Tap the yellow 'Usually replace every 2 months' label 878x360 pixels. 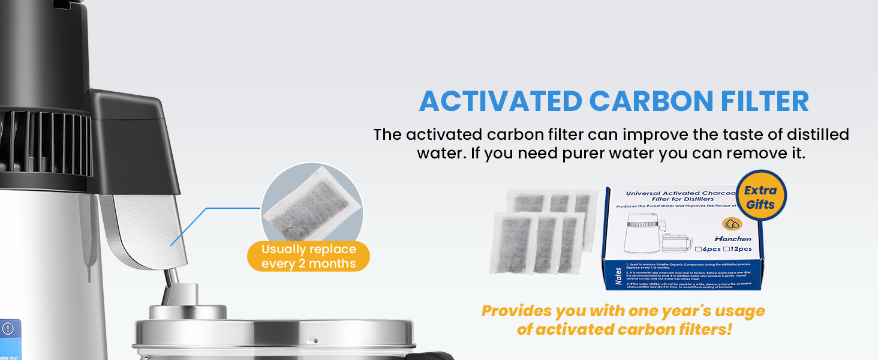(x=308, y=257)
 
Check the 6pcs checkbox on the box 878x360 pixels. (x=699, y=249)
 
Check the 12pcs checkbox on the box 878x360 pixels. (x=726, y=249)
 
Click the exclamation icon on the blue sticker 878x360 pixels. (x=8, y=329)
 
